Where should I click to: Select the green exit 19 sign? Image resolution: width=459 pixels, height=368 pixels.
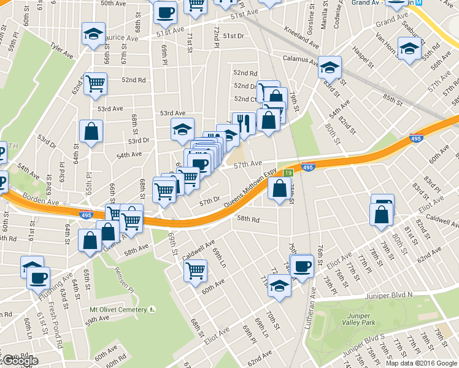287,174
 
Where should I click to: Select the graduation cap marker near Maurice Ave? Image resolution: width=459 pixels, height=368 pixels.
93,34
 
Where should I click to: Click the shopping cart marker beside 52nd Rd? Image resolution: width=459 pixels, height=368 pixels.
95,83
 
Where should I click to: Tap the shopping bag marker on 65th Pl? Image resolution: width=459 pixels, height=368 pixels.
91,131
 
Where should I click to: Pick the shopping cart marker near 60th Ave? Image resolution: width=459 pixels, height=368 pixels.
195,270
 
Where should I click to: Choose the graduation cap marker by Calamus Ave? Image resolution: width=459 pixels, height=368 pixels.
330,67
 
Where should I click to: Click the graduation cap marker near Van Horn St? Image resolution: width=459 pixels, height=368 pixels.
409,48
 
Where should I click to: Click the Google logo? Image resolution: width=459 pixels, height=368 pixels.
20,361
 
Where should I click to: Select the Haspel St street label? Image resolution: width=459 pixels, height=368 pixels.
363,59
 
